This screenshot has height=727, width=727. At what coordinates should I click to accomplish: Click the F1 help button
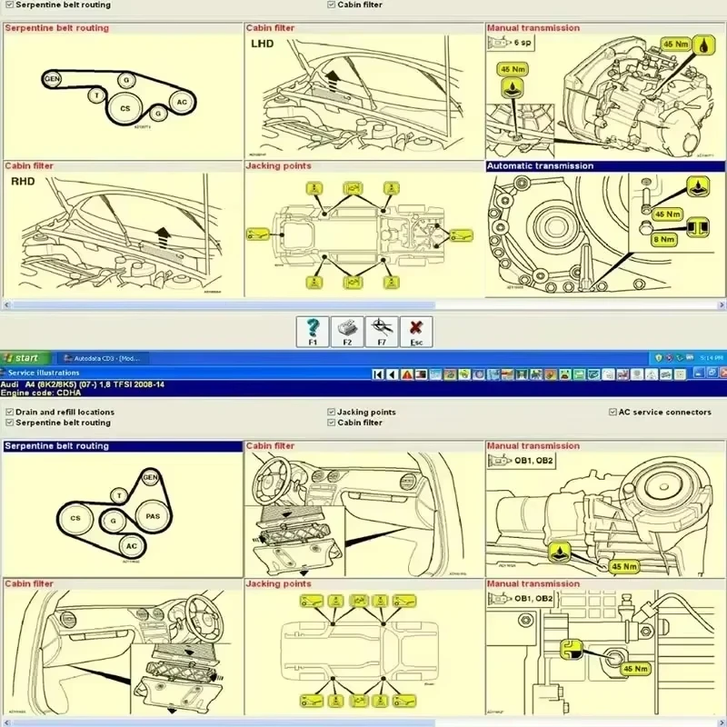313,332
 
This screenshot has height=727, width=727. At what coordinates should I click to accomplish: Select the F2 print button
347,332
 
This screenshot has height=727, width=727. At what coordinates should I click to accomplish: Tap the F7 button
382,332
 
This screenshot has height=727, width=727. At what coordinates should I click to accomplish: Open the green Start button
22,358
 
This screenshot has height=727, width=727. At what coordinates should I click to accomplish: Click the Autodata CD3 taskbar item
102,358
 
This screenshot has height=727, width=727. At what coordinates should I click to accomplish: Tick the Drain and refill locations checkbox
9,412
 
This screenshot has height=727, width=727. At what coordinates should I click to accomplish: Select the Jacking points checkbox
331,412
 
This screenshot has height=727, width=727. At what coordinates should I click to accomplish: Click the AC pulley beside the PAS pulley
132,545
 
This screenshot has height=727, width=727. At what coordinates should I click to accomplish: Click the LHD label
262,43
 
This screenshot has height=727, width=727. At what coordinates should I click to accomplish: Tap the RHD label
22,181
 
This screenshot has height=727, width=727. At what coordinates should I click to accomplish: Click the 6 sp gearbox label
523,42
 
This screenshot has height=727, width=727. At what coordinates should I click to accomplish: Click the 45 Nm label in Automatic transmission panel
668,214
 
